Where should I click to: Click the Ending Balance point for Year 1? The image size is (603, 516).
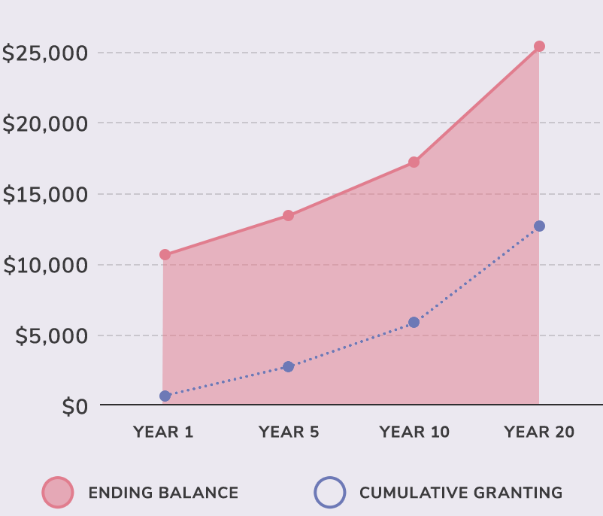coord(165,254)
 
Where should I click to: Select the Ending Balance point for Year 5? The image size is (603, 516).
coord(288,216)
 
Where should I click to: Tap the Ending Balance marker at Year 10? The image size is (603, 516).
coord(414,162)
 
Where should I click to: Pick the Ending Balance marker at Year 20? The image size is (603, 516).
coord(539,47)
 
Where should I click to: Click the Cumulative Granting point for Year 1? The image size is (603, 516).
coord(165,396)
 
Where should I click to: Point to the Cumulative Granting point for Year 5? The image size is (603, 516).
coord(288,366)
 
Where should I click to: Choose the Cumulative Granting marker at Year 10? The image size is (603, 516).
coord(414,322)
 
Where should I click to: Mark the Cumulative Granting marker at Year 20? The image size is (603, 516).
coord(539,226)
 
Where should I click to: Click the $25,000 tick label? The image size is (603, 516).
coord(45,53)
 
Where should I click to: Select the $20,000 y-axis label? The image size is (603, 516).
coord(45,124)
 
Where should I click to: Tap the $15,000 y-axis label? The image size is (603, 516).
coord(45,195)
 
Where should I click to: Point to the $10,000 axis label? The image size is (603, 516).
coord(45,266)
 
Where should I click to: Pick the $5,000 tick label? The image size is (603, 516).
coord(51,335)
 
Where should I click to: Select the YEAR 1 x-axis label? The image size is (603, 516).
coord(163,433)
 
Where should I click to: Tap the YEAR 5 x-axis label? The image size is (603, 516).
coord(289,433)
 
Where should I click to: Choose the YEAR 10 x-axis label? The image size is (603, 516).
coord(414,433)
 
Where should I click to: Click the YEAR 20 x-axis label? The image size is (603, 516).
coord(539,433)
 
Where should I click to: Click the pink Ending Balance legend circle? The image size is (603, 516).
coord(57,493)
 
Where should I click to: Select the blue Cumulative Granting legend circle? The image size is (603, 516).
coord(329,493)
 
